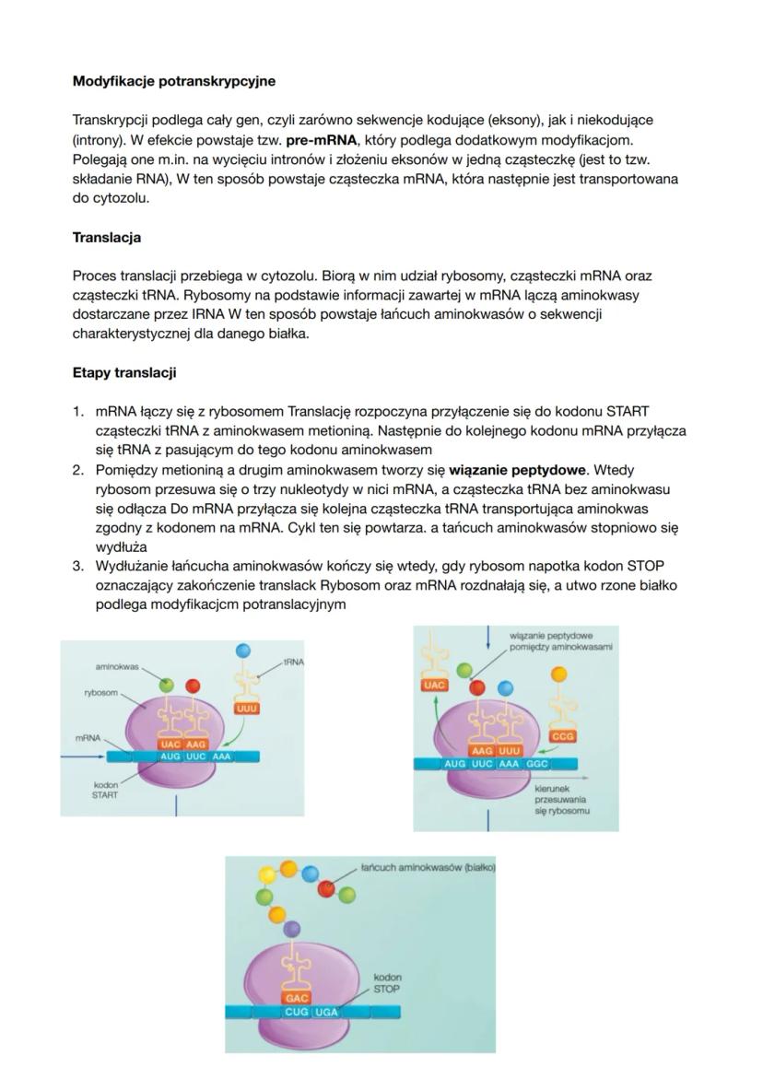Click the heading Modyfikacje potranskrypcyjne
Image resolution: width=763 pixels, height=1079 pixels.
(x=173, y=81)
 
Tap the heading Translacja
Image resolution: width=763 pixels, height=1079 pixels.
(x=107, y=238)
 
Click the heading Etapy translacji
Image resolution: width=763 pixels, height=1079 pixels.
(x=124, y=373)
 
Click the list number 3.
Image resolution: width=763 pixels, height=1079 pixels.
(x=78, y=565)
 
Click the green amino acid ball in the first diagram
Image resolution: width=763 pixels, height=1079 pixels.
(x=166, y=685)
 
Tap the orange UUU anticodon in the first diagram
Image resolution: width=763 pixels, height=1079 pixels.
(x=246, y=709)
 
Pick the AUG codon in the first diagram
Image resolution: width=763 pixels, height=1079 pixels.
(x=170, y=756)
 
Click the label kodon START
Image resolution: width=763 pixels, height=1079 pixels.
(x=105, y=790)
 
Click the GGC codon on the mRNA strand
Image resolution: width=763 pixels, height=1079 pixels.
(x=537, y=764)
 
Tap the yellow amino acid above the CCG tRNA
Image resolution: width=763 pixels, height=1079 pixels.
(x=558, y=675)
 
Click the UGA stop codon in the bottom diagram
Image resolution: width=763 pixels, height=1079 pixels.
(x=326, y=1012)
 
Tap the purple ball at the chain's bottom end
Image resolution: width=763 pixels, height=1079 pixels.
(x=292, y=928)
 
